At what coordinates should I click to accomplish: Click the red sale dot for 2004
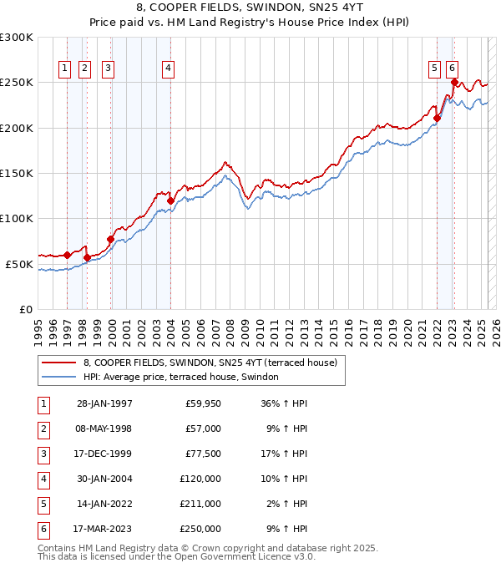tap(170, 200)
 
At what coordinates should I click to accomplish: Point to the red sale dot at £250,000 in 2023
tap(454, 82)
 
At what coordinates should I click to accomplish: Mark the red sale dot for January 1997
tap(67, 255)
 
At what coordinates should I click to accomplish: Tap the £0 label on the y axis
tap(23, 309)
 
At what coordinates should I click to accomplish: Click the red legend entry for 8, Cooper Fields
tap(210, 363)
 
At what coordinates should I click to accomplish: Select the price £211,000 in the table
tap(200, 504)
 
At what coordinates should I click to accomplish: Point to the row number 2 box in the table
tap(43, 429)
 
